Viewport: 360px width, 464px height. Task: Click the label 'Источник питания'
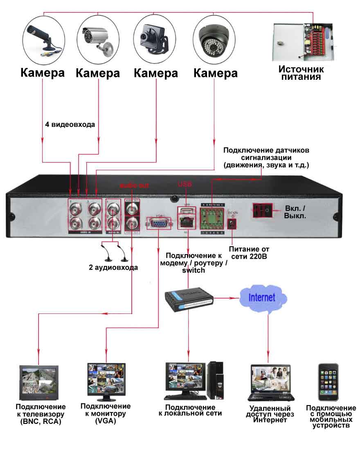point(301,73)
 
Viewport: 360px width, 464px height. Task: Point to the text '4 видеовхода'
point(70,124)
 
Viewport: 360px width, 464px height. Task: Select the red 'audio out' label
point(134,185)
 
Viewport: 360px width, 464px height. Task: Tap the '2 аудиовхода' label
point(113,268)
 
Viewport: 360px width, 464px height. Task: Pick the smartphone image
point(328,382)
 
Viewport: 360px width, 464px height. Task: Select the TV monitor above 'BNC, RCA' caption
point(39,383)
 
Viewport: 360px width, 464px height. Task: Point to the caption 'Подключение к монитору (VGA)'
point(106,413)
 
